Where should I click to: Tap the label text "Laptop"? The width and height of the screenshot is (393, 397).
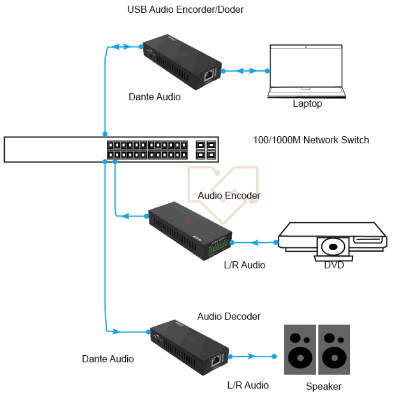click(x=307, y=104)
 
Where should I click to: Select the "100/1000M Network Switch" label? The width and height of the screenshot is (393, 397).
click(x=311, y=140)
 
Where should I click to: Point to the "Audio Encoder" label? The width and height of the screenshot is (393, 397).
click(x=229, y=196)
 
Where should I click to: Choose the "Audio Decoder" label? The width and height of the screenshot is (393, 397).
click(x=229, y=316)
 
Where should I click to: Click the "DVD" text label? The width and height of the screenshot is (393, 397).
click(x=334, y=265)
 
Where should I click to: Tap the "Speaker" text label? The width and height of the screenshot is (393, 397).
click(x=323, y=386)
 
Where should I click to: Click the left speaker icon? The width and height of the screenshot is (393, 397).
click(x=299, y=349)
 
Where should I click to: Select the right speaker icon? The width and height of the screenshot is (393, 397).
click(x=334, y=349)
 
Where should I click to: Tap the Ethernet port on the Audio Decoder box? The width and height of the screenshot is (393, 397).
click(x=216, y=361)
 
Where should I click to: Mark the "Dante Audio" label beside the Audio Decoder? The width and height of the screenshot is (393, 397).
click(x=108, y=359)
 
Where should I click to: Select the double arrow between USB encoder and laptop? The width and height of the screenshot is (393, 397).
click(x=246, y=71)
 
